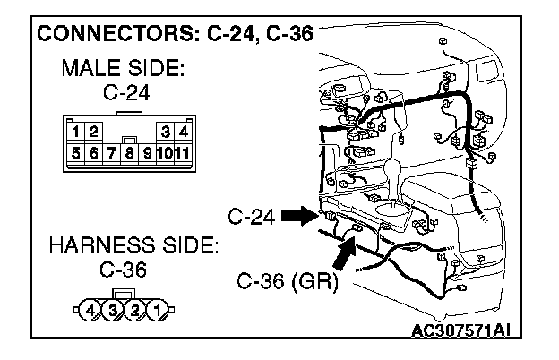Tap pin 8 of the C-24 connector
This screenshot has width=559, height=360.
click(131, 152)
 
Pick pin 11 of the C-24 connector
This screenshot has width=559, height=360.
click(181, 152)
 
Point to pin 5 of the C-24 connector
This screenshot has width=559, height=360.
click(78, 152)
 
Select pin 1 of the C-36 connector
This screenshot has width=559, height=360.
click(157, 312)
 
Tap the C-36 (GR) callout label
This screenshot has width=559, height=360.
click(287, 284)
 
